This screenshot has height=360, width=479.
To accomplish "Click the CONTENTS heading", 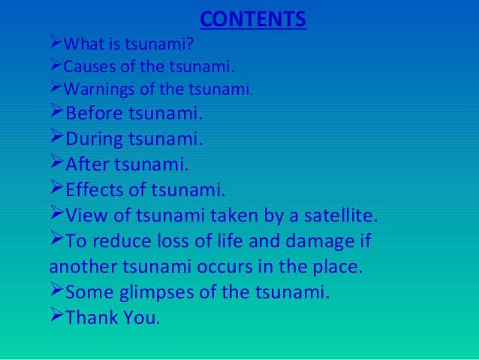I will [x=254, y=17].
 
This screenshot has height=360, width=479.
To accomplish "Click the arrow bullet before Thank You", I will [x=57, y=316].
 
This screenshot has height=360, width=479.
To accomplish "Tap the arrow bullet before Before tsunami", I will [x=57, y=115].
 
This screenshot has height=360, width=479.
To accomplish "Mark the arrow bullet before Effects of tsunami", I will [x=57, y=188].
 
